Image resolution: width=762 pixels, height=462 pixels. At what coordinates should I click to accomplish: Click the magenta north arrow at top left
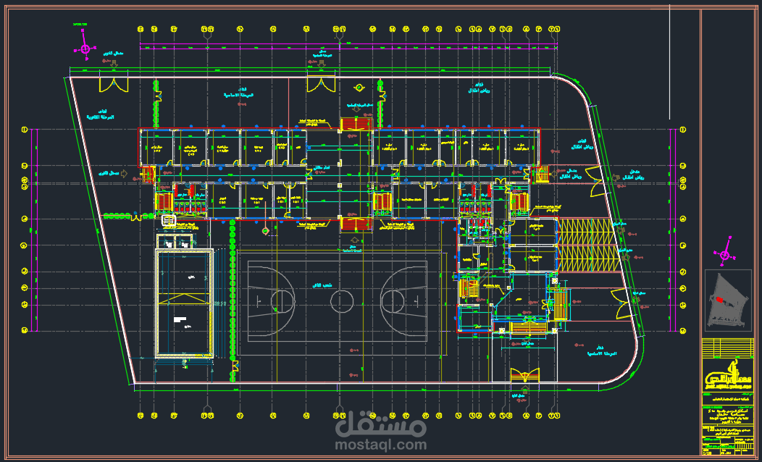tap(85, 49)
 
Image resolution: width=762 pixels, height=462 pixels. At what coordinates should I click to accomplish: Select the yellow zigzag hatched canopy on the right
tap(585, 245)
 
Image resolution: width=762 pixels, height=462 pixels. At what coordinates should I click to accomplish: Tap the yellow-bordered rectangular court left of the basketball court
tap(185, 303)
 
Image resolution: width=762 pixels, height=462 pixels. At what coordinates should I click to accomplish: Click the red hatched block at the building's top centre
tap(356, 124)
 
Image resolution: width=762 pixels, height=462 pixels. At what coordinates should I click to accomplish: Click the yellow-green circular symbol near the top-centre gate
tap(359, 88)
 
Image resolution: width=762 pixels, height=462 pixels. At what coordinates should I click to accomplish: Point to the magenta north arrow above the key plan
tap(723, 254)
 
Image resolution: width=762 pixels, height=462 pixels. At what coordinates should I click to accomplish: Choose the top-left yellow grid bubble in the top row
tap(141, 29)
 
